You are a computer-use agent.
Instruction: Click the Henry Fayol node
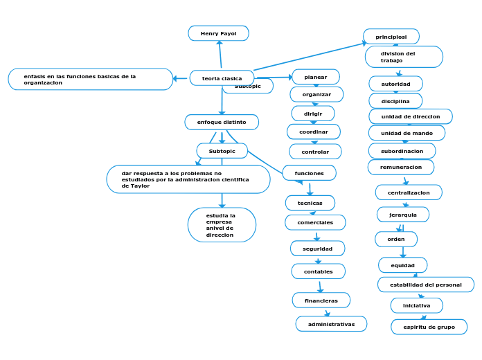218,33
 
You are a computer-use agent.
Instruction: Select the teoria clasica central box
222,78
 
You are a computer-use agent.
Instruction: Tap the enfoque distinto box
222,122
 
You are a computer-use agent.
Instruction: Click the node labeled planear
316,77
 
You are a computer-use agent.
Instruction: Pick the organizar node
316,94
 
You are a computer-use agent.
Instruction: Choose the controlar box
315,151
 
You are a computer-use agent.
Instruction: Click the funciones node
309,172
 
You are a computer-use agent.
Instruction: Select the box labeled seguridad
317,248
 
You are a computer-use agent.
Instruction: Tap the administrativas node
331,324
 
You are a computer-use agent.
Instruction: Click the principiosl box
391,36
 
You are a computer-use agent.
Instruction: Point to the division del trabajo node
403,57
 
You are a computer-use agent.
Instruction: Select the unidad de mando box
407,133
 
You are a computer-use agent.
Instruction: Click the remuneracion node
401,167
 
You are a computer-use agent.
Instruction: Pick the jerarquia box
402,215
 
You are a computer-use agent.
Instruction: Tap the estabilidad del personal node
425,285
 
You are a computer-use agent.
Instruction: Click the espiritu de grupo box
429,327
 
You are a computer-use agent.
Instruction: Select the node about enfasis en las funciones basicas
90,79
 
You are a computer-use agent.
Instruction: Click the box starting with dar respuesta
188,179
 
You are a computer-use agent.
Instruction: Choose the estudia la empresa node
222,225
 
